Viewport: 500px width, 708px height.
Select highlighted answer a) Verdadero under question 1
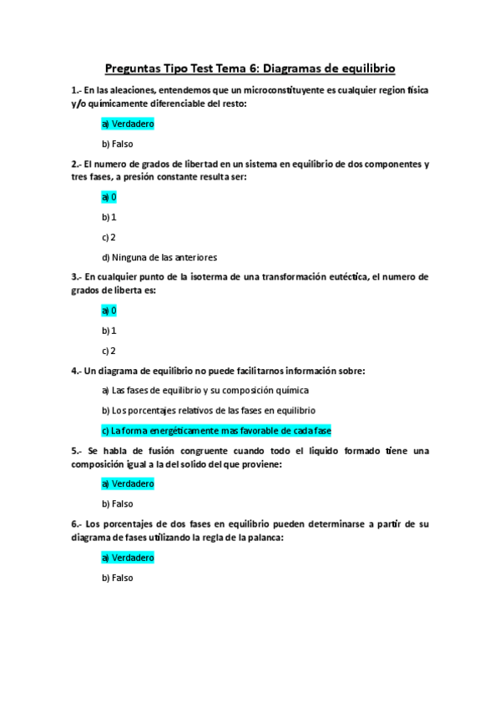click(x=128, y=124)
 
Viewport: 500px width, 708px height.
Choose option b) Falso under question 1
click(x=118, y=144)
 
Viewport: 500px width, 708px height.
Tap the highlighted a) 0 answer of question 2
click(x=109, y=197)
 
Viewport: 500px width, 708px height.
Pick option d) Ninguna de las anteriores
click(x=159, y=257)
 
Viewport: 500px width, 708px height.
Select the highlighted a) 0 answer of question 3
click(x=109, y=311)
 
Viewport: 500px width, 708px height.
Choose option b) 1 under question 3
click(x=109, y=331)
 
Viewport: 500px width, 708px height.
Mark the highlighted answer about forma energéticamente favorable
click(x=216, y=431)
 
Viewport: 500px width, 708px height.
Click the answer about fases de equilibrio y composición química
click(x=205, y=391)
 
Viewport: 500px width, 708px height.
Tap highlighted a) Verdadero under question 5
click(x=128, y=483)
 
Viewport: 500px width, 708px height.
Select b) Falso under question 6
click(x=118, y=577)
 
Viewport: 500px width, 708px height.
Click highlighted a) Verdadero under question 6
click(x=128, y=557)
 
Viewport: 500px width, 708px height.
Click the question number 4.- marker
click(x=77, y=371)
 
